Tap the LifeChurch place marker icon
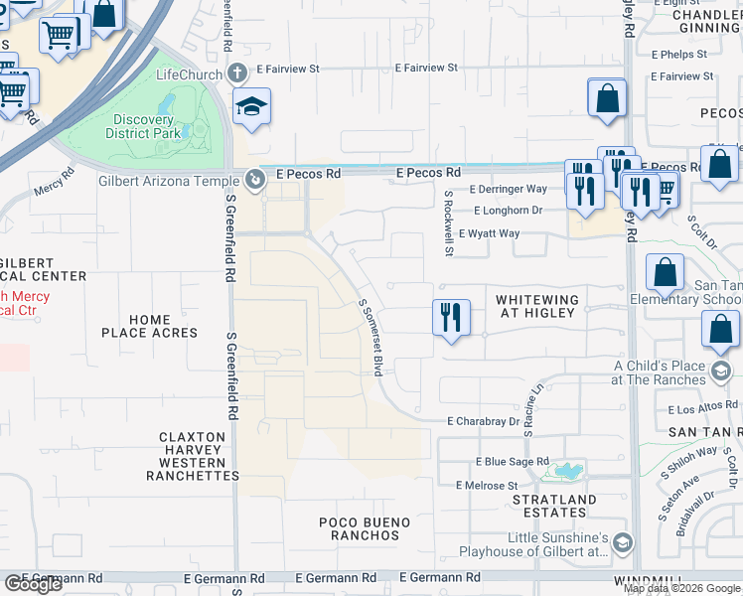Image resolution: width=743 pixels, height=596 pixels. [x=237, y=73]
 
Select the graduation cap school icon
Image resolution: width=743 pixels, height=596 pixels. [x=252, y=106]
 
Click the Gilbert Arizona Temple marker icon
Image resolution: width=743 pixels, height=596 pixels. [x=255, y=180]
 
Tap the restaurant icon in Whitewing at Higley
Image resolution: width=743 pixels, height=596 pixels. [x=451, y=318]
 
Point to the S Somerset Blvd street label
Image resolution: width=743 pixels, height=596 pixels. [x=371, y=338]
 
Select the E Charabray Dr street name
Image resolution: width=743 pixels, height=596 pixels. [x=483, y=421]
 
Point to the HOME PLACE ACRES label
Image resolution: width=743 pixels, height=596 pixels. [x=149, y=326]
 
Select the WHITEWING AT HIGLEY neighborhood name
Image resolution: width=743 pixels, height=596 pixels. [x=535, y=306]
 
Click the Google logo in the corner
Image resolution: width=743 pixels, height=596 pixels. [x=33, y=584]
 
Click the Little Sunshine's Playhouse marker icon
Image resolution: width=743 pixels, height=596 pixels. [x=622, y=542]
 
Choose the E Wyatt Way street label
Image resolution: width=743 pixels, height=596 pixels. [x=489, y=233]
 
